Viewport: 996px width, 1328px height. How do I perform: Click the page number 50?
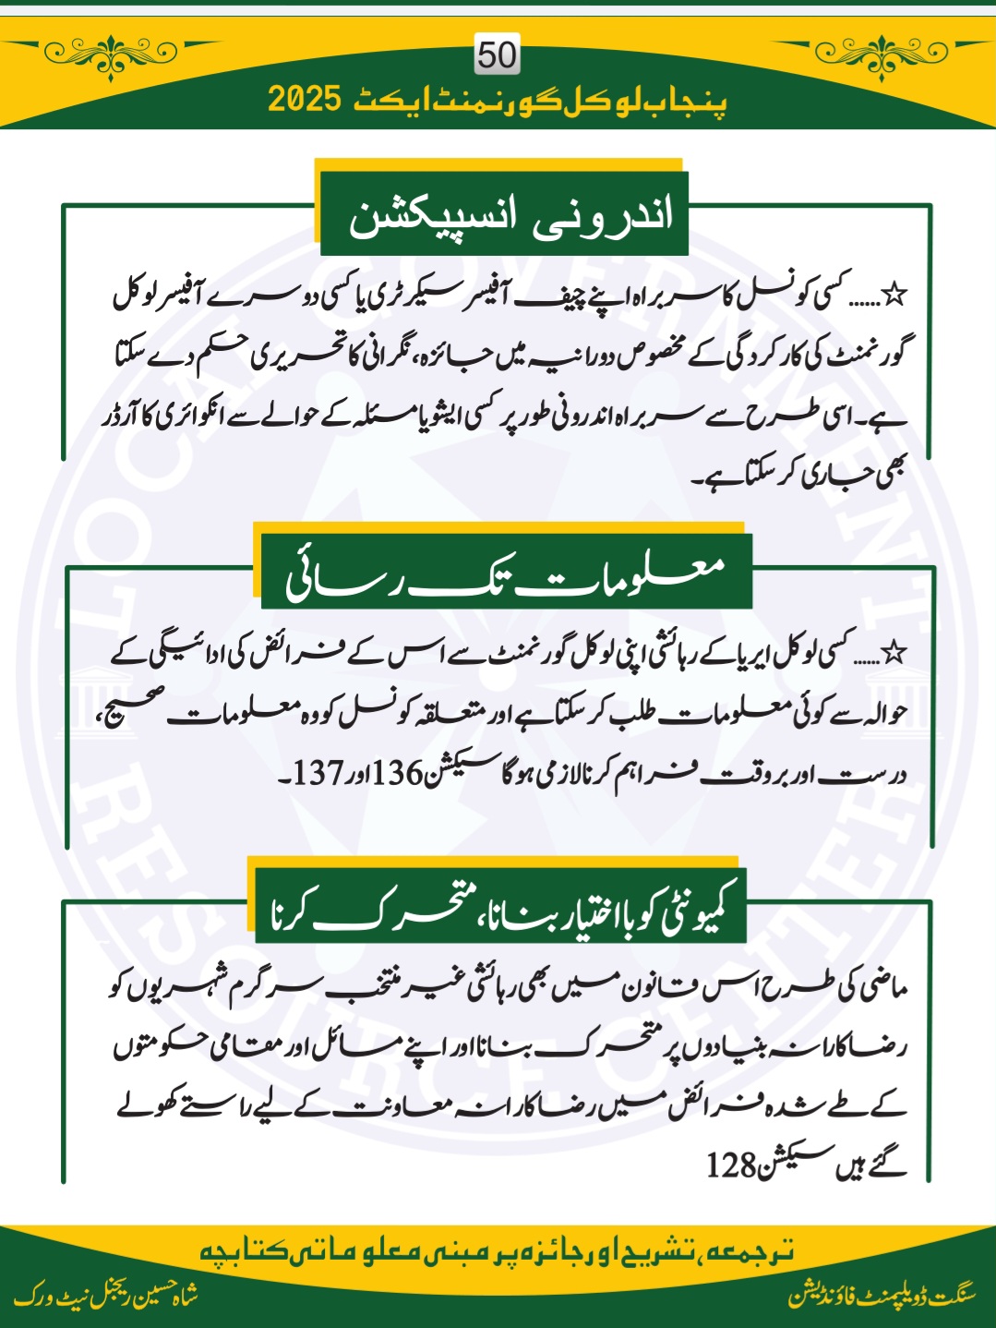click(498, 55)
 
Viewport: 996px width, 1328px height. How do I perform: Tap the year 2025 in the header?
click(305, 100)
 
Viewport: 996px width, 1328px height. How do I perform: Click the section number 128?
click(732, 1165)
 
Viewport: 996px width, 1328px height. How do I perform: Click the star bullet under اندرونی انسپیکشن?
click(894, 296)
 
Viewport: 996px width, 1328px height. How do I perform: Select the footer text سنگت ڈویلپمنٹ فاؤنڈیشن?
click(882, 1296)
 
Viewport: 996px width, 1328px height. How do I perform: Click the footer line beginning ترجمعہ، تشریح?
click(497, 1251)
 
